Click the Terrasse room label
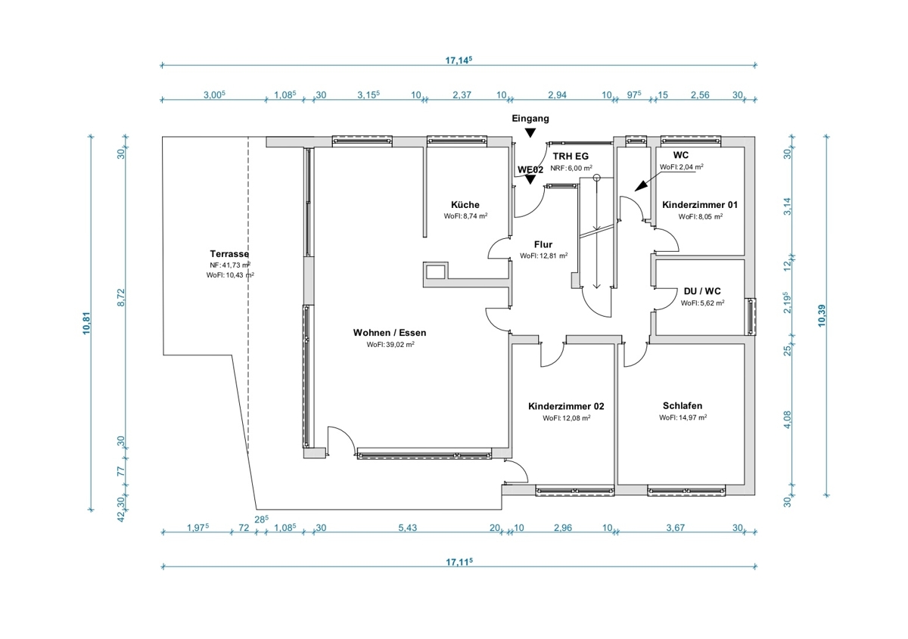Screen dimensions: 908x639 click(x=229, y=254)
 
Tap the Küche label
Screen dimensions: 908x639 click(x=465, y=205)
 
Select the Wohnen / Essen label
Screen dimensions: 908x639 click(x=390, y=333)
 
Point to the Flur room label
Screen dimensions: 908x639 click(x=543, y=244)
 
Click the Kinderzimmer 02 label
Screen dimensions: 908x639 click(x=566, y=406)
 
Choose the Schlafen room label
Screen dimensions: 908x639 click(x=683, y=405)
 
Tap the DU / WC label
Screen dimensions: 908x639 click(x=702, y=291)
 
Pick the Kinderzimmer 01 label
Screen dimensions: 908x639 click(x=700, y=205)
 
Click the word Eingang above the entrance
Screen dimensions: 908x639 click(x=530, y=118)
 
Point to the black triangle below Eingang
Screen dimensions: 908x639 click(x=530, y=132)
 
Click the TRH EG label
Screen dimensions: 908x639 click(x=571, y=156)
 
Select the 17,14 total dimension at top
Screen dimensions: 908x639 click(x=459, y=60)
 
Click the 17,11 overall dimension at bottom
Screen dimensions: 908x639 click(x=459, y=562)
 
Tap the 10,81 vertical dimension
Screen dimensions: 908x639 click(x=86, y=323)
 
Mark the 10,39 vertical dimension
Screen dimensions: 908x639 click(x=821, y=315)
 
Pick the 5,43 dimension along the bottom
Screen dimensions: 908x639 click(x=407, y=528)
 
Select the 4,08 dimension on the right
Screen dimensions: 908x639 click(x=787, y=420)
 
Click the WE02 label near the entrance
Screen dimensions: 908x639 click(x=530, y=170)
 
